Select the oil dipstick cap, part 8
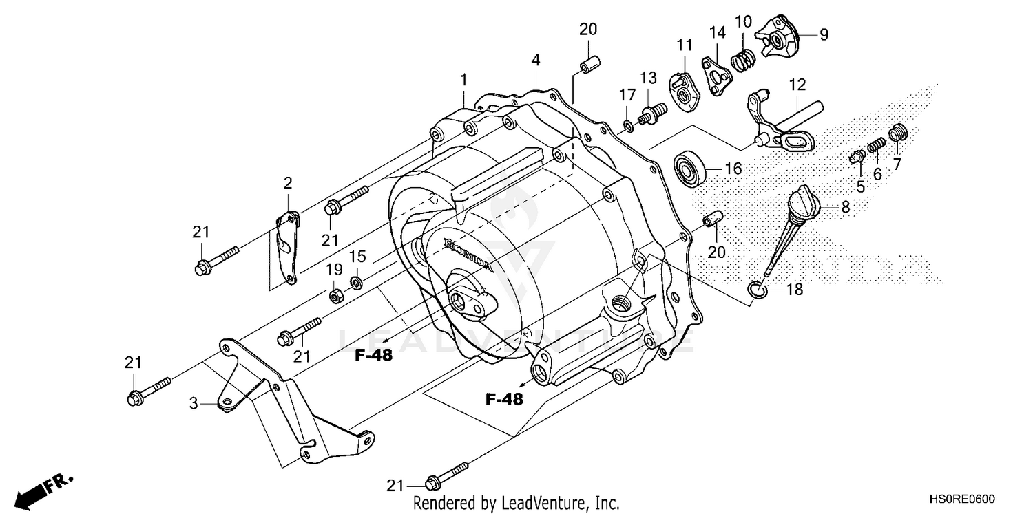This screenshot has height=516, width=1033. (x=802, y=204)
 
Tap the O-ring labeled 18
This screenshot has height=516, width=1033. (x=757, y=290)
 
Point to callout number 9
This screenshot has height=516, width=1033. (x=824, y=34)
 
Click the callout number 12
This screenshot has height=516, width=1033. (x=797, y=85)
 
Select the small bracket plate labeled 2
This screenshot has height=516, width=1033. (x=287, y=248)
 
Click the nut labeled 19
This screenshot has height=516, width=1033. (x=335, y=295)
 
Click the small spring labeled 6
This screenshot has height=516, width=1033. (x=877, y=147)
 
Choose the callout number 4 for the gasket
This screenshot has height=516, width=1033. (x=535, y=60)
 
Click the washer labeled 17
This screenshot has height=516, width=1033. (x=628, y=125)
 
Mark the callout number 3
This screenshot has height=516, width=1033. (x=194, y=404)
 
